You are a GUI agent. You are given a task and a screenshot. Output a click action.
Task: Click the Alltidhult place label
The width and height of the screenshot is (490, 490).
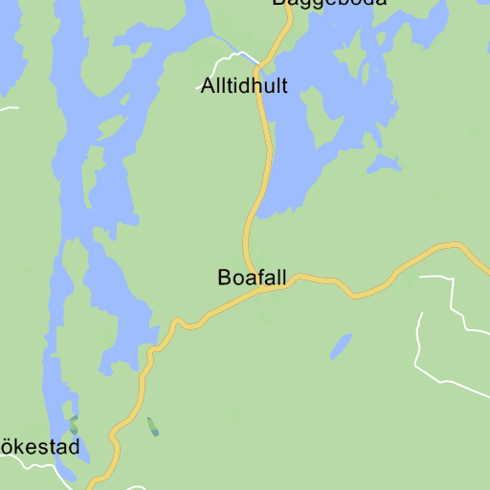click(244, 85)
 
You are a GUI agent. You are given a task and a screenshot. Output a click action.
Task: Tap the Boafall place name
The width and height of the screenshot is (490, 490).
click(252, 278)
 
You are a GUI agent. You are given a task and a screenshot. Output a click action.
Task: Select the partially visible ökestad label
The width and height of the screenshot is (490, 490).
click(39, 446)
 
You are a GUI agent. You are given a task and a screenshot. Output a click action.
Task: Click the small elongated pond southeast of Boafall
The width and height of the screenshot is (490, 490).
click(342, 345)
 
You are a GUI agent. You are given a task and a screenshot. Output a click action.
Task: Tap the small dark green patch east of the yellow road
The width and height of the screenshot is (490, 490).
click(153, 427)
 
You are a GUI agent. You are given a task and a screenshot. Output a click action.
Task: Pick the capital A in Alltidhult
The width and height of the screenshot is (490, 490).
click(209, 85)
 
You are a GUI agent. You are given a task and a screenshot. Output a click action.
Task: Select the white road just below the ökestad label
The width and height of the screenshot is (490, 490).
click(38, 466)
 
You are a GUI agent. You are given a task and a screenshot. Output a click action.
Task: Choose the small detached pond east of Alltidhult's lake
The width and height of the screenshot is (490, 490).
click(387, 164)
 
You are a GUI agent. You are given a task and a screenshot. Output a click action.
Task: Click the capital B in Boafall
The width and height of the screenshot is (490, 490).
click(225, 278)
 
